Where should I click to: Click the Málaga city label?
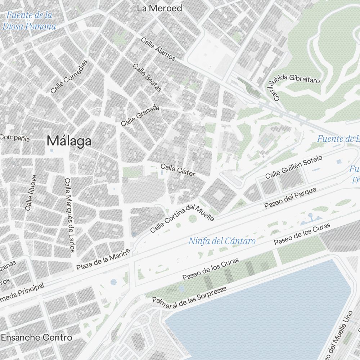coord(69,141)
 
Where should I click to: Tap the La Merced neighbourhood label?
coord(159,8)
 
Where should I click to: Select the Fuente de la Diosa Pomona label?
coord(29,21)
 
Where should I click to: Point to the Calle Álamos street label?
coord(158,49)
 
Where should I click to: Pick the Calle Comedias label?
coord(69,77)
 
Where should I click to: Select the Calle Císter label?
coord(178,170)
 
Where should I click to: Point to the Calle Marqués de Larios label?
coord(70,215)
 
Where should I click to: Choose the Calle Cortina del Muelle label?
coord(183,218)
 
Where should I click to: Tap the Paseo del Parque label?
coord(290,198)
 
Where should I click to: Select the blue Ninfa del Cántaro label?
coord(222,241)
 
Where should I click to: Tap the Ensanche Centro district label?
coord(36,338)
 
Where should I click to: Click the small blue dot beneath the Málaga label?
coord(51,150)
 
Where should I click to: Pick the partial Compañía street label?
coord(15,138)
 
